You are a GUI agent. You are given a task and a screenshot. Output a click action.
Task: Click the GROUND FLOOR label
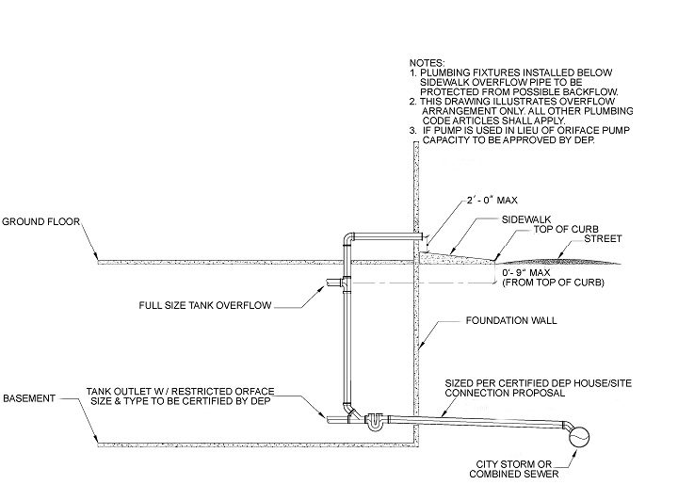(41, 223)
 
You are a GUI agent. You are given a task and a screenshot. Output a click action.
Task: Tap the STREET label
(595, 241)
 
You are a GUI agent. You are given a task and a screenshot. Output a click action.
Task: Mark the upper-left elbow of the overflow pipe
(347, 237)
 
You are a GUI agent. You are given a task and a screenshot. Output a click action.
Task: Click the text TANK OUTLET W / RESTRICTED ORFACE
(202, 389)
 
